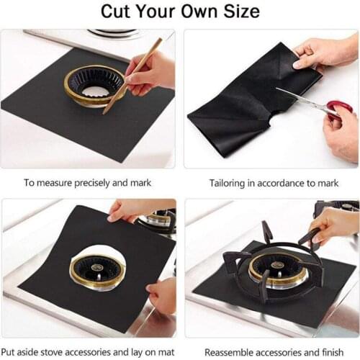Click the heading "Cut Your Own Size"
coord(180,12)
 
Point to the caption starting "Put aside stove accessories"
coord(89,353)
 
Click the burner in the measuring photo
coord(94,84)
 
